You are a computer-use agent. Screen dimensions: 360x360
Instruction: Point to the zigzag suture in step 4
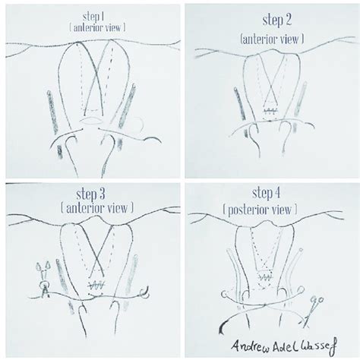[x=265, y=279]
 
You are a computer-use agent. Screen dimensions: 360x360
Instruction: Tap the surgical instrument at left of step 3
[x=43, y=279]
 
